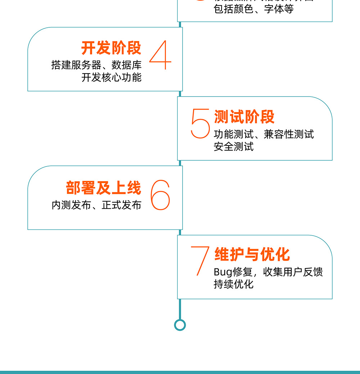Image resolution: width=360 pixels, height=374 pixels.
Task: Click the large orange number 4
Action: tap(160, 55)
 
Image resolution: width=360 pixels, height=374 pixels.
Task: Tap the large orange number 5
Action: tap(200, 124)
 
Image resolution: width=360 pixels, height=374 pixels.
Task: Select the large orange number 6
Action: tap(160, 195)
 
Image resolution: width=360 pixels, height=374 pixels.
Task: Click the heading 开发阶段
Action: tap(111, 48)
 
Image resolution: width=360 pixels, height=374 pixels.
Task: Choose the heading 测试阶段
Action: tap(244, 117)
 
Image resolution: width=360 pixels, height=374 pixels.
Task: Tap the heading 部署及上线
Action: tap(104, 188)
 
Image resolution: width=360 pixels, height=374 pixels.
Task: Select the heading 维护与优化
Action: tap(252, 254)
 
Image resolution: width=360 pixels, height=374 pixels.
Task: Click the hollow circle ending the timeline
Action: tap(180, 325)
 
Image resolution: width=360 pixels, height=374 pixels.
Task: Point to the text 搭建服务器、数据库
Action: tap(96, 65)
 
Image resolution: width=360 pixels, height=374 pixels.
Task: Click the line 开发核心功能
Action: tap(112, 77)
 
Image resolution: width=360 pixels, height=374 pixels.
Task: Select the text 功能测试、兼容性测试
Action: tap(264, 134)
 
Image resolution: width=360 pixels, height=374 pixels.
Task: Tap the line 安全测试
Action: tap(234, 147)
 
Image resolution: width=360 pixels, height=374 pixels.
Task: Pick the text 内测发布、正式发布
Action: tap(96, 205)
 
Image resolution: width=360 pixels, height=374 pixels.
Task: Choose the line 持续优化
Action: tap(234, 284)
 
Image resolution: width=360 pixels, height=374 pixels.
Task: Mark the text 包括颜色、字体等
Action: tap(254, 9)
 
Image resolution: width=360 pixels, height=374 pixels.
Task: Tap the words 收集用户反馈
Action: tap(293, 272)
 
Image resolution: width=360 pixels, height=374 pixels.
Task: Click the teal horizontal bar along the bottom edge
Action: tap(180, 372)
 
